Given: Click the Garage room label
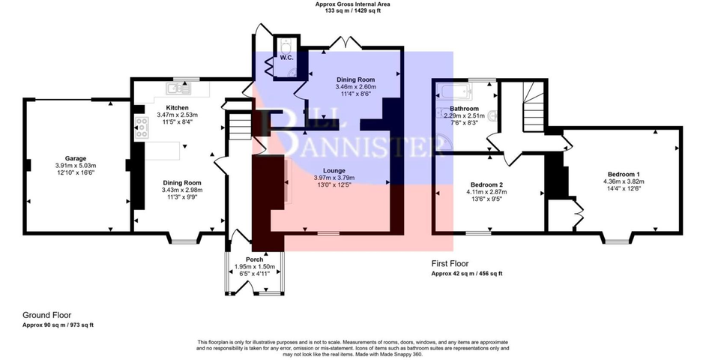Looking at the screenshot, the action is pyautogui.click(x=76, y=159).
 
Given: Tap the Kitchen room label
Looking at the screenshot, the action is pyautogui.click(x=177, y=108).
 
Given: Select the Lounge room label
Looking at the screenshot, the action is pyautogui.click(x=334, y=171).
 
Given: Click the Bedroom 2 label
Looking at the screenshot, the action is pyautogui.click(x=486, y=184).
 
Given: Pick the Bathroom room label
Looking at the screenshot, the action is pyautogui.click(x=464, y=109).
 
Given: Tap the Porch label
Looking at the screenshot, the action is pyautogui.click(x=254, y=259).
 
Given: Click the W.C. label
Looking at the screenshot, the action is pyautogui.click(x=286, y=58).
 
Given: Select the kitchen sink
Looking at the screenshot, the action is pyautogui.click(x=179, y=89).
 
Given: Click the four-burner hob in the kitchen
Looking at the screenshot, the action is pyautogui.click(x=142, y=127).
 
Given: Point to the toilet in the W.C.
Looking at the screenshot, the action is pyautogui.click(x=286, y=46).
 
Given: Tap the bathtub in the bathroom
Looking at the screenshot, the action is pyautogui.click(x=454, y=92).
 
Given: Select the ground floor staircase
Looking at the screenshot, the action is pyautogui.click(x=239, y=126).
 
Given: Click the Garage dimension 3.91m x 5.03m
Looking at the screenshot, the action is pyautogui.click(x=76, y=166).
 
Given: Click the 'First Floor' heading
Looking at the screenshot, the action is pyautogui.click(x=450, y=264).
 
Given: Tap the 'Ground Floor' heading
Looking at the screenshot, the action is pyautogui.click(x=46, y=315).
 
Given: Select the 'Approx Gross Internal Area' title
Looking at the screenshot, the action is pyautogui.click(x=353, y=4).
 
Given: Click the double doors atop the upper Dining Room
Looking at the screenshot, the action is pyautogui.click(x=345, y=42).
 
